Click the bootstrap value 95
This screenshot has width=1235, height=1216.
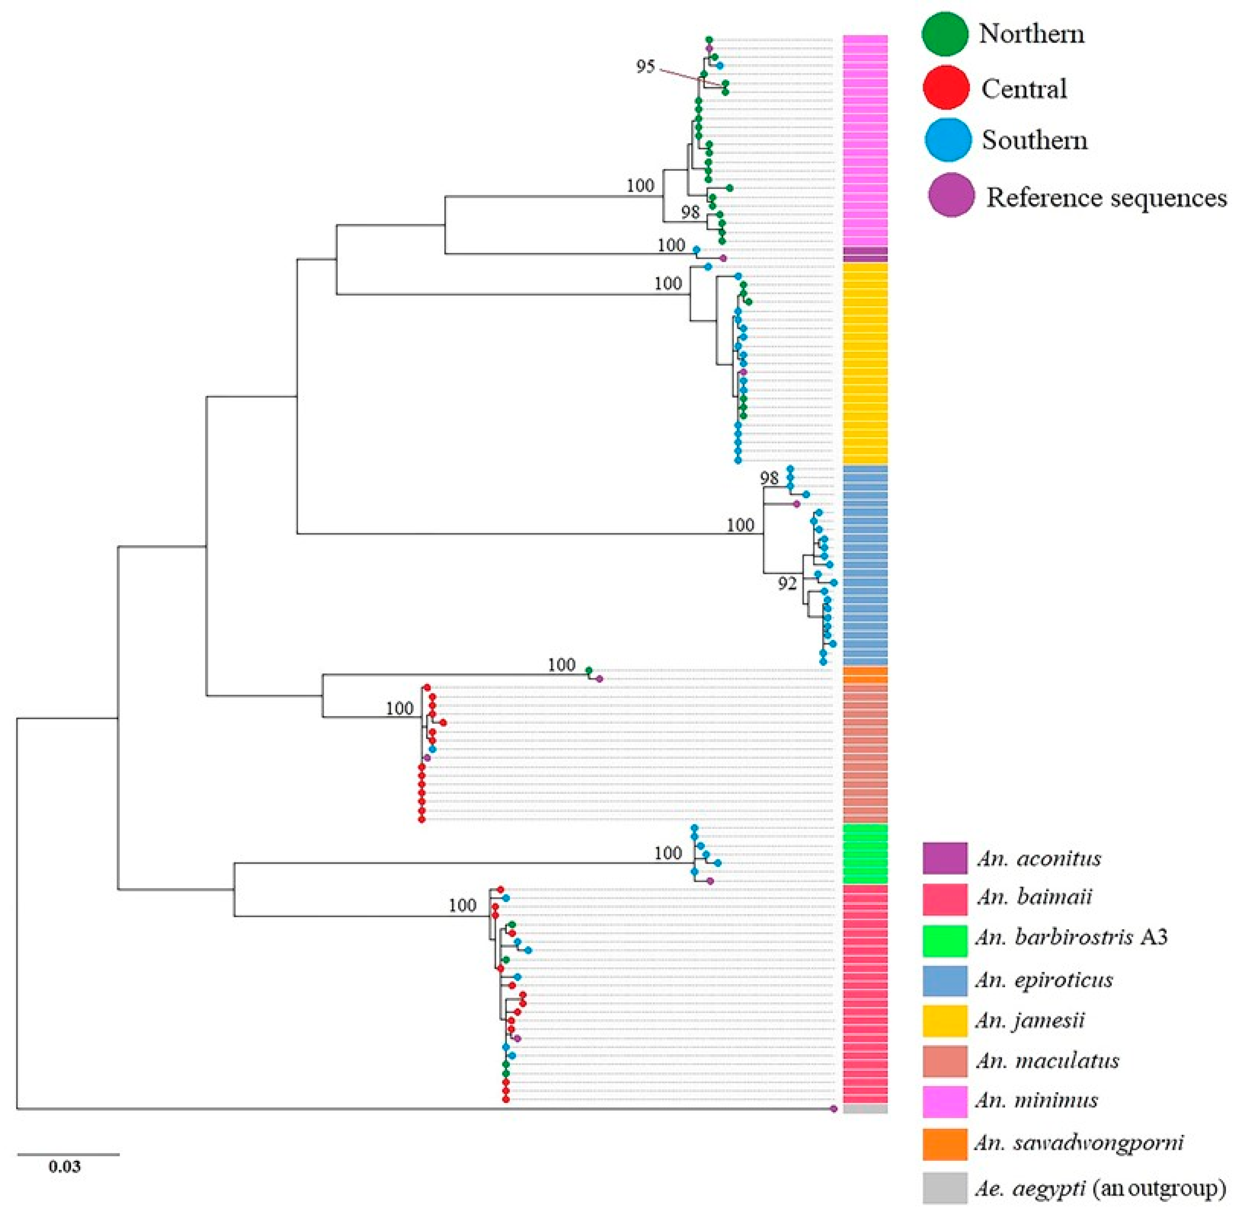coord(645,66)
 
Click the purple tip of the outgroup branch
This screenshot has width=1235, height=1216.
coord(833,1109)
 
